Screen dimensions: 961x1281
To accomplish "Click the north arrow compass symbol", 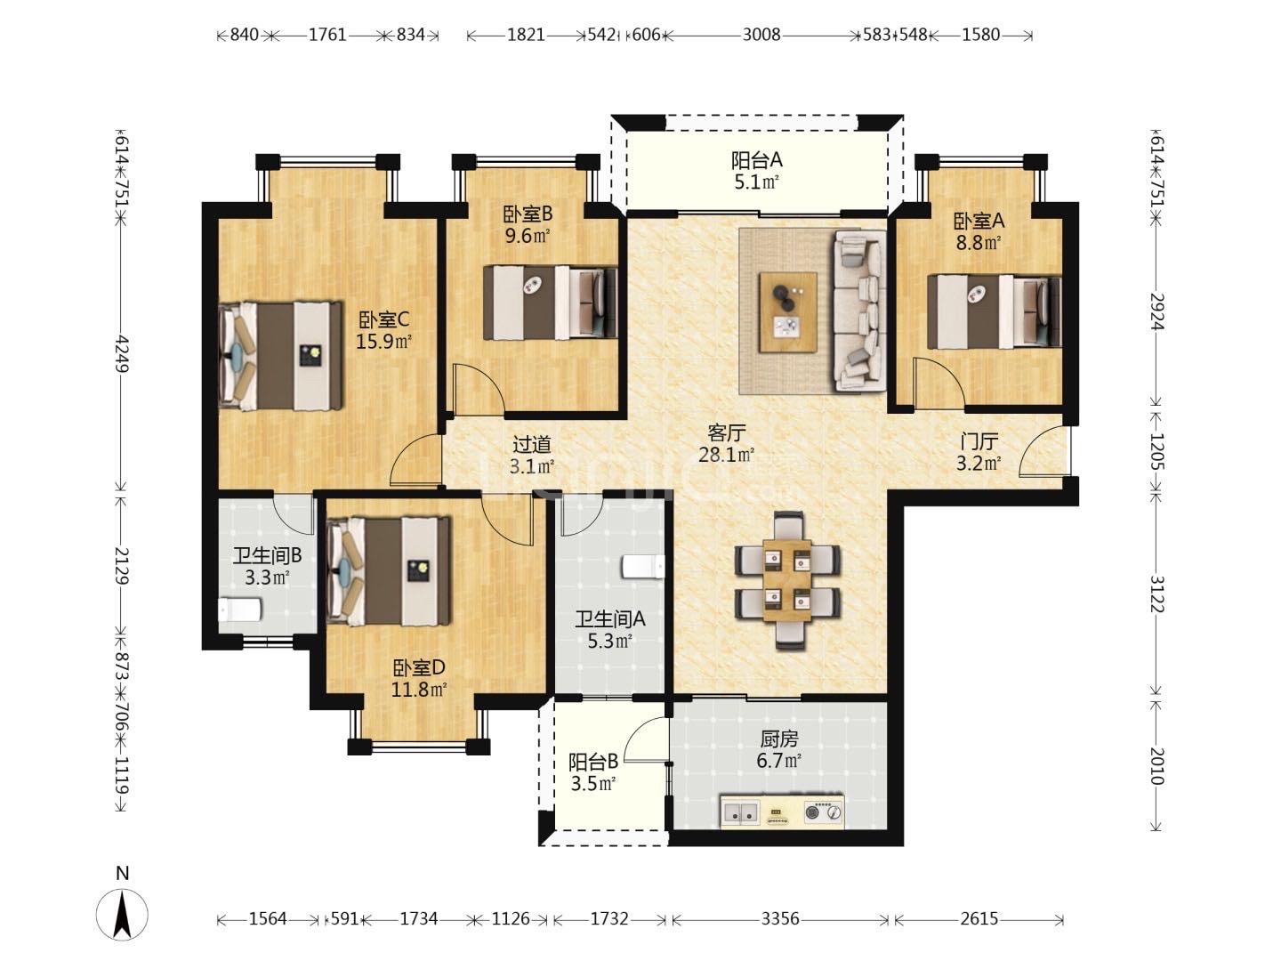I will pyautogui.click(x=123, y=912).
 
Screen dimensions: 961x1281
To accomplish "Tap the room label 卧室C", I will pyautogui.click(x=383, y=319).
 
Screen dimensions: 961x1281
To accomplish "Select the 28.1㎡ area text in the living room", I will pyautogui.click(x=726, y=456).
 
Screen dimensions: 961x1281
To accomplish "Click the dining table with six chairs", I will pyautogui.click(x=787, y=580).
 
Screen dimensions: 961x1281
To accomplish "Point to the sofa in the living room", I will pyautogui.click(x=859, y=311).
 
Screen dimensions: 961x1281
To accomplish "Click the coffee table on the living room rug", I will pyautogui.click(x=787, y=312).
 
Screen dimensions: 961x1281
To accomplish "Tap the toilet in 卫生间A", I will pyautogui.click(x=642, y=567).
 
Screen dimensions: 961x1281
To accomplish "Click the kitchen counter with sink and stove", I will pyautogui.click(x=781, y=812).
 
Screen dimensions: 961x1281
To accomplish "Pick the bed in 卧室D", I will pyautogui.click(x=389, y=571).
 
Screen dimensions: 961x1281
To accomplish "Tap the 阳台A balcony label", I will pyautogui.click(x=756, y=160).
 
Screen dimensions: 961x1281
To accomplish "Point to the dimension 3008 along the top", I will pyautogui.click(x=761, y=35).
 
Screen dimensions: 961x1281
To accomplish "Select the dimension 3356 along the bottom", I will pyautogui.click(x=779, y=918).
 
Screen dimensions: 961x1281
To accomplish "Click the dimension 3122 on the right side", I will pyautogui.click(x=1156, y=594).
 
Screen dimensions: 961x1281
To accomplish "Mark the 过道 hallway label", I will pyautogui.click(x=532, y=444).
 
